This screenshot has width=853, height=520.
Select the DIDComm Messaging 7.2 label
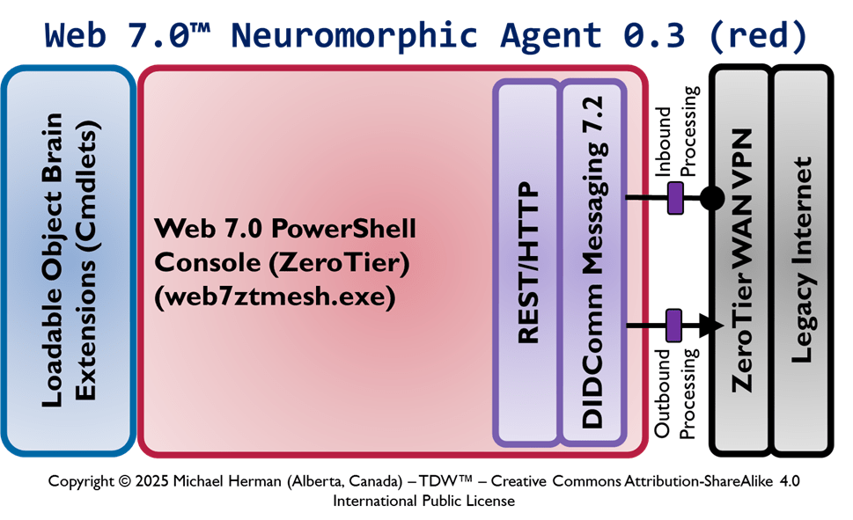593,263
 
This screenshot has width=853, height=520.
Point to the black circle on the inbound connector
711,197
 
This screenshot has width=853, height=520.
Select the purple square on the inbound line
676,197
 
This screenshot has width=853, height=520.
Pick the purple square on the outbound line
675,325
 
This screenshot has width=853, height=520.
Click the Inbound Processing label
678,131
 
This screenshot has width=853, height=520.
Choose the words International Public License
423,500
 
